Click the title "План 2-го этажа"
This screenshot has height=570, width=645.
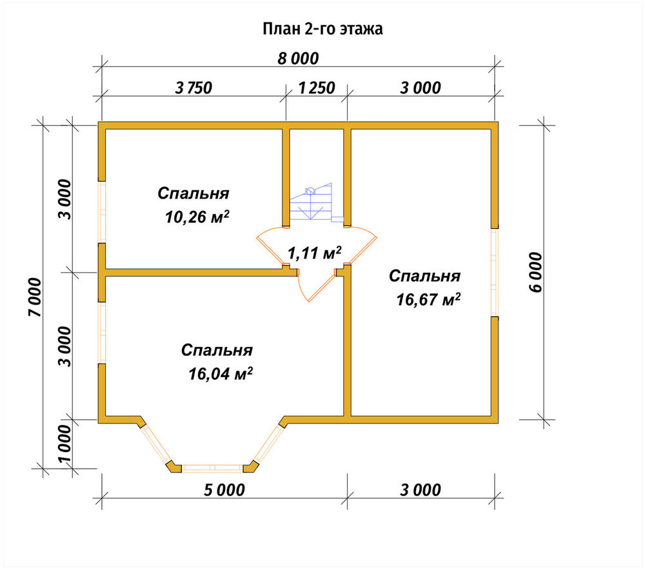tap(323, 29)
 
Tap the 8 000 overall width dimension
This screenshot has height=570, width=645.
tap(298, 59)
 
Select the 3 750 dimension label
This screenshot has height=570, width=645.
tap(193, 88)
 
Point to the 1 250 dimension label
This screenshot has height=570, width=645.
tap(316, 88)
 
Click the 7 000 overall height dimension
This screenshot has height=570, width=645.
tap(35, 297)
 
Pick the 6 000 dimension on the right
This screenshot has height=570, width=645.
tap(536, 272)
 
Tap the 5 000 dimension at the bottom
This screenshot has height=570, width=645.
tap(224, 490)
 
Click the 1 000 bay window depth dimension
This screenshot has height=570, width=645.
tap(64, 444)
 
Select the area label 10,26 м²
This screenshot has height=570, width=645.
tap(197, 217)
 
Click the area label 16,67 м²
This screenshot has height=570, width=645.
tap(428, 299)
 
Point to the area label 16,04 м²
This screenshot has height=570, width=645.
tap(221, 374)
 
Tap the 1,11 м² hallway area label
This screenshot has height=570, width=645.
tap(314, 253)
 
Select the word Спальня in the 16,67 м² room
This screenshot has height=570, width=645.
tap(424, 276)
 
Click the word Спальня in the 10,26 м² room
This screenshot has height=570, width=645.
tap(193, 193)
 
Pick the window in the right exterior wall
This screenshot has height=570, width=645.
tap(495, 273)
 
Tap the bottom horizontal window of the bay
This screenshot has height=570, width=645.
tap(213, 467)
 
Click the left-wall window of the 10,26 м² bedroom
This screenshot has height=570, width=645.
tap(102, 211)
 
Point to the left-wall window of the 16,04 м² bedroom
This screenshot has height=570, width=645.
tap(102, 333)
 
